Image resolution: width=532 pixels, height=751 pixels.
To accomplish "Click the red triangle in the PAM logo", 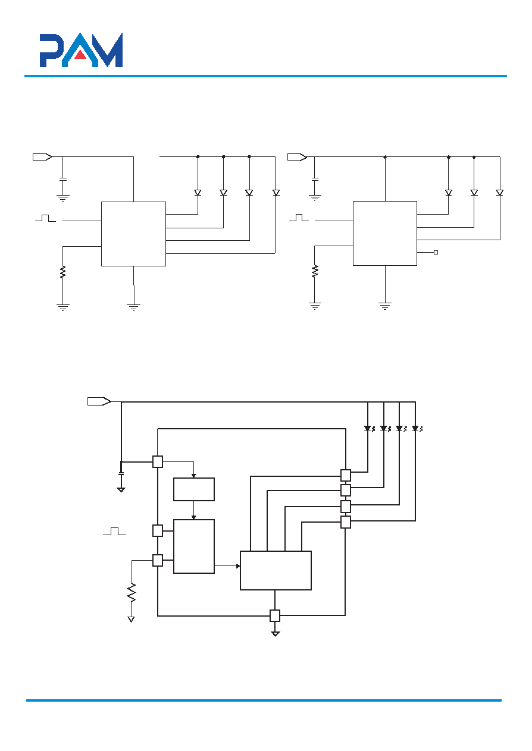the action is click(x=80, y=54).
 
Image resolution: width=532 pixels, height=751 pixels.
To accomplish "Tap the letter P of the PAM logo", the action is click(x=51, y=51).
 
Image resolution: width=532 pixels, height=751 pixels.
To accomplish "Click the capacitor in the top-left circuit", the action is click(x=62, y=180).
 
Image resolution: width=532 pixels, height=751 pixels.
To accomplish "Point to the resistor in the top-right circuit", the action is click(x=315, y=271).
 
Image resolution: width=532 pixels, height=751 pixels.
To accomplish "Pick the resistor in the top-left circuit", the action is click(x=62, y=272).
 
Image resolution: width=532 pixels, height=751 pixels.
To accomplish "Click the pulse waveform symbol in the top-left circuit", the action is click(x=45, y=218).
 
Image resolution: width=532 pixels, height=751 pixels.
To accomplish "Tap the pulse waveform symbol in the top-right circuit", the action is click(x=299, y=218).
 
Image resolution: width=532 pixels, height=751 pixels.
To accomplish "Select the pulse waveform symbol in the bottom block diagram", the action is click(x=114, y=532).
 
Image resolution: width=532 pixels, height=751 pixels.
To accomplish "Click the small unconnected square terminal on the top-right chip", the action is click(x=436, y=253).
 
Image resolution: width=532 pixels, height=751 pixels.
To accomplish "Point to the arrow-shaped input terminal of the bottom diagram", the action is click(x=99, y=401).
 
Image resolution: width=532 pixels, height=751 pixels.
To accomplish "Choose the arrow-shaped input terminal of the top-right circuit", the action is click(x=297, y=157).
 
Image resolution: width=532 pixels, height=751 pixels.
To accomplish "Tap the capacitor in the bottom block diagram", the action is click(x=121, y=474).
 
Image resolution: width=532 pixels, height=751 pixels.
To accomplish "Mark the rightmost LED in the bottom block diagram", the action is click(x=417, y=429).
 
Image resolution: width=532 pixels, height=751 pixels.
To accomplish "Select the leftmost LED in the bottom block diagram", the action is click(x=370, y=429).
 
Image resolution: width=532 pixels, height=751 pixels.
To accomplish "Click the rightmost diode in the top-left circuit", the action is click(x=276, y=193).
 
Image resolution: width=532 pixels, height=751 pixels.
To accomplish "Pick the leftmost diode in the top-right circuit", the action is click(x=449, y=193).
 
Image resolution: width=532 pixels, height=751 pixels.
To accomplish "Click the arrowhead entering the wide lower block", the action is click(x=238, y=566).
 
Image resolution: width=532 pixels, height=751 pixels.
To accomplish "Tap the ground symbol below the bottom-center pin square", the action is click(x=275, y=634).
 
